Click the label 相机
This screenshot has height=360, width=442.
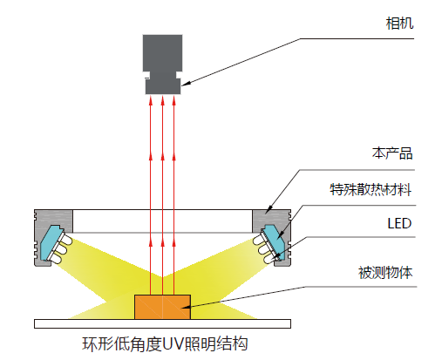coord(399,24)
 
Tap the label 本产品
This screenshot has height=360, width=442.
coord(392,153)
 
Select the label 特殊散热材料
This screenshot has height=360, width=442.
coord(371,190)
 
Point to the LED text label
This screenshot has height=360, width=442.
coord(399,224)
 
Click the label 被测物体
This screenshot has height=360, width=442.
coord(385,273)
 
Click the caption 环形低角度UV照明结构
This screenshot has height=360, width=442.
coord(165,344)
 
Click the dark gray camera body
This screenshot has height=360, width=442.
coord(162,65)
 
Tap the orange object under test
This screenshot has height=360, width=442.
coord(162,307)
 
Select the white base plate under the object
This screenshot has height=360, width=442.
coord(162,323)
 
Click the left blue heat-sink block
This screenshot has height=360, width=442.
coord(51,242)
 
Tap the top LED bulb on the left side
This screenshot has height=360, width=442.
coord(66,240)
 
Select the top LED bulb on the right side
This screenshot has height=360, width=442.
coord(259,240)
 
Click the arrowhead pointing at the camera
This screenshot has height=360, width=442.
coord(186,84)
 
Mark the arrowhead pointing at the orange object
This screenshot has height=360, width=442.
coord(185,306)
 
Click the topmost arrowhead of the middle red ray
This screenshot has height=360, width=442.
coord(162,101)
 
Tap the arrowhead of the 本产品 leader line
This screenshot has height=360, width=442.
coord(269,207)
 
